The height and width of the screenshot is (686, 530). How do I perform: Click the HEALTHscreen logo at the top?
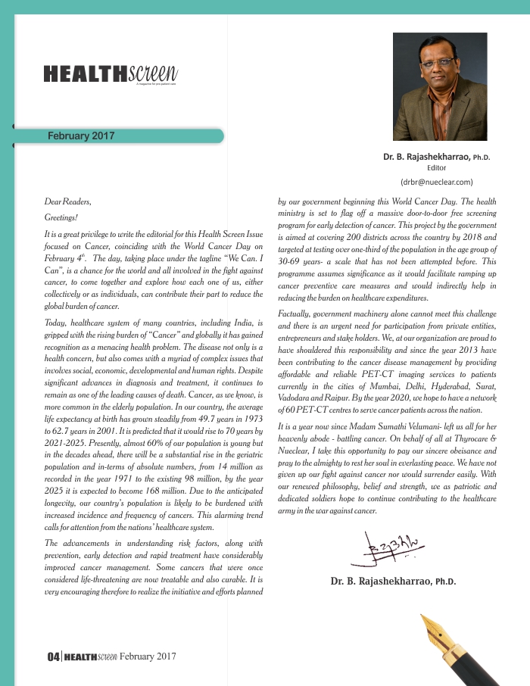pos(111,73)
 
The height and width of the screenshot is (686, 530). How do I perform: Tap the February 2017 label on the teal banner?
pos(81,136)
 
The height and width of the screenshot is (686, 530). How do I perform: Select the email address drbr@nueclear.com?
pos(436,182)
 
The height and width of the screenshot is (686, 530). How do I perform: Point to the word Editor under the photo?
pos(436,168)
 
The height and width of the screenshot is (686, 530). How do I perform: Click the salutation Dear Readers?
pos(68,202)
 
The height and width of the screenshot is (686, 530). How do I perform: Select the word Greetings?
pos(61,218)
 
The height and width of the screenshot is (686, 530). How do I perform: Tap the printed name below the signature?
pos(392,582)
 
